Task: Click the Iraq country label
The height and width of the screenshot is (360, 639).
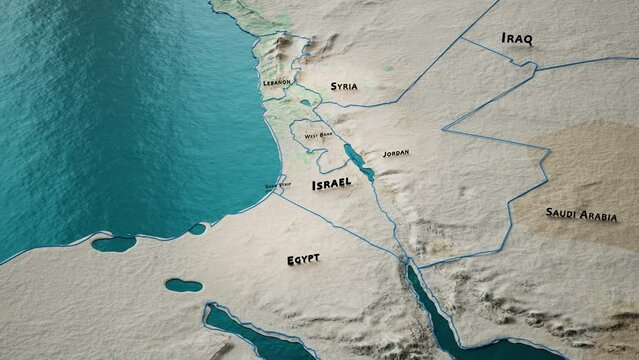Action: [x=517, y=39]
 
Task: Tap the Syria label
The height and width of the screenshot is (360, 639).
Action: [x=343, y=87]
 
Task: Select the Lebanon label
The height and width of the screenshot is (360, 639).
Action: [x=276, y=82]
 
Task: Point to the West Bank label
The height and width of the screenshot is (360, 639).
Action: [x=319, y=133]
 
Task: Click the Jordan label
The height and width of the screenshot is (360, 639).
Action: [x=396, y=153]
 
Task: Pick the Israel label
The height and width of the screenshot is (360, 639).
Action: [x=331, y=185]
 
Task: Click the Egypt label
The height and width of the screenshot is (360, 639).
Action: [x=303, y=259]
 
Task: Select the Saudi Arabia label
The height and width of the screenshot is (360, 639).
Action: [x=581, y=214]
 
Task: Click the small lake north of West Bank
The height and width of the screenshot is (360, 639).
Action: [x=305, y=102]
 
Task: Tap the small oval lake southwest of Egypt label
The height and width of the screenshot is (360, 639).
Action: [x=183, y=285]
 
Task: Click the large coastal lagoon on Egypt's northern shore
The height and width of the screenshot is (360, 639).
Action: [x=113, y=243]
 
